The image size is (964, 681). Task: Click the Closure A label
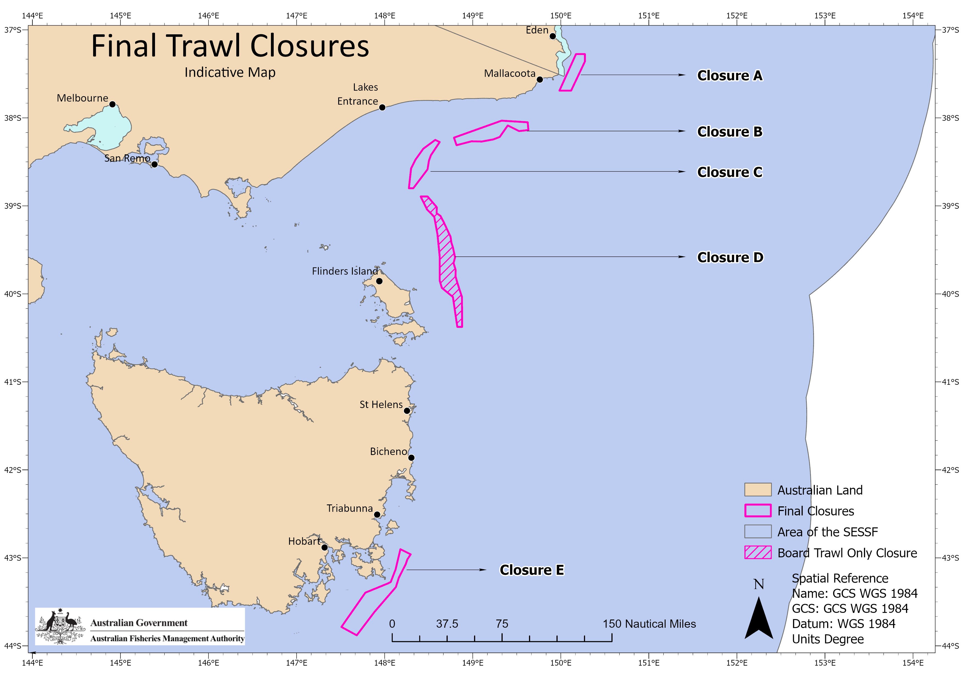729,76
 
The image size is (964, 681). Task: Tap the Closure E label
531,570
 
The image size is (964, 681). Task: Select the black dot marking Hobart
324,547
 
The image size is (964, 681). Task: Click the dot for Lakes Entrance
382,107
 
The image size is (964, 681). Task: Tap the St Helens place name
381,404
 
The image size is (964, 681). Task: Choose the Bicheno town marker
411,457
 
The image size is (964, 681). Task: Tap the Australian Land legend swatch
757,490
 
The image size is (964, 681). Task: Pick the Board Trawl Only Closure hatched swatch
757,552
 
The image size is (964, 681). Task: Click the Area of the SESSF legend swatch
757,532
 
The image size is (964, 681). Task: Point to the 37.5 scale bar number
447,624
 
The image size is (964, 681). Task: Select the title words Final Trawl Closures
230,46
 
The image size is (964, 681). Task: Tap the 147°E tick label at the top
297,16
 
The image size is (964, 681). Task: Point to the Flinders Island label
345,271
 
